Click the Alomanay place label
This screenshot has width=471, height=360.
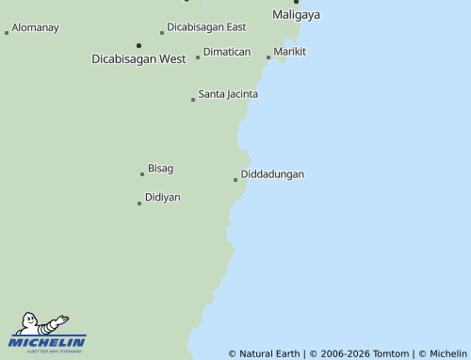tap(35, 27)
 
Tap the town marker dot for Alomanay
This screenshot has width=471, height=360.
tap(7, 33)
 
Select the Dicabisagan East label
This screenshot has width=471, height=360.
tap(206, 27)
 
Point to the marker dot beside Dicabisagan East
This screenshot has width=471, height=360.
tap(162, 33)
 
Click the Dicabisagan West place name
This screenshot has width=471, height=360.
tap(138, 58)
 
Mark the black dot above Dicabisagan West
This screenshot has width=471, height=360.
tap(138, 44)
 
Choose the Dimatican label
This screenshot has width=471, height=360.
tap(227, 52)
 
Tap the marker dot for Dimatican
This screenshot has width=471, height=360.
tap(198, 57)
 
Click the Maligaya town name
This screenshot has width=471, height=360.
tap(296, 15)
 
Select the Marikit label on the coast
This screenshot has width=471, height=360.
tap(290, 51)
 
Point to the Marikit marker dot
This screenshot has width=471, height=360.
tap(268, 57)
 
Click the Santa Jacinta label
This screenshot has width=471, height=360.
tap(228, 94)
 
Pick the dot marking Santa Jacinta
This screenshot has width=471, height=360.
tap(193, 100)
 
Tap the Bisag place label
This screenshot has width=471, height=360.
tap(161, 169)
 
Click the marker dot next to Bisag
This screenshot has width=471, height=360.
tap(142, 174)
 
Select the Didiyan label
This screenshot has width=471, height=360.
tap(163, 197)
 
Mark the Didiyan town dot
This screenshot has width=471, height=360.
tap(139, 203)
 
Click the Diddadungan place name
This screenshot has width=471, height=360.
tap(272, 174)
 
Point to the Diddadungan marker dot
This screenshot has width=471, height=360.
tap(235, 180)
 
